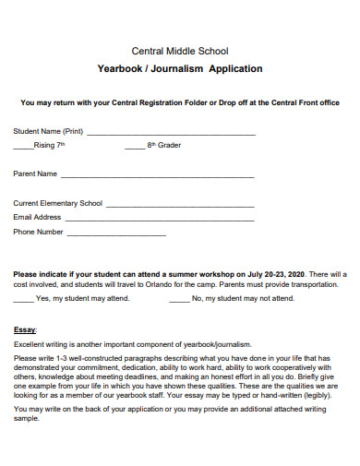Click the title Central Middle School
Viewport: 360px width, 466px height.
[x=180, y=51]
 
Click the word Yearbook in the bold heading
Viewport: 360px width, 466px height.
[x=121, y=68]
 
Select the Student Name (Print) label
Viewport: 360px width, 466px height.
[x=48, y=131]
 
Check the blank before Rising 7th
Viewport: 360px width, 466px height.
[x=22, y=147]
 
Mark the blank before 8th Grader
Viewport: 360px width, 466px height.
[x=134, y=147]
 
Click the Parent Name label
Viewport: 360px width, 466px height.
[x=35, y=173]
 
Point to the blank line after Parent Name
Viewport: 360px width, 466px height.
[x=157, y=175]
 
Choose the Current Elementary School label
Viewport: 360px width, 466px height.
[x=58, y=203]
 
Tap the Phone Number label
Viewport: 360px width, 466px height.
[x=38, y=232]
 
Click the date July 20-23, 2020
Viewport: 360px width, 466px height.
[x=274, y=274]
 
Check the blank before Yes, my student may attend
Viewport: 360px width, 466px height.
[x=23, y=300]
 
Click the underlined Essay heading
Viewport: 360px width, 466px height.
[x=24, y=329]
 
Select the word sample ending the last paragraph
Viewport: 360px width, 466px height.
[x=26, y=418]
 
